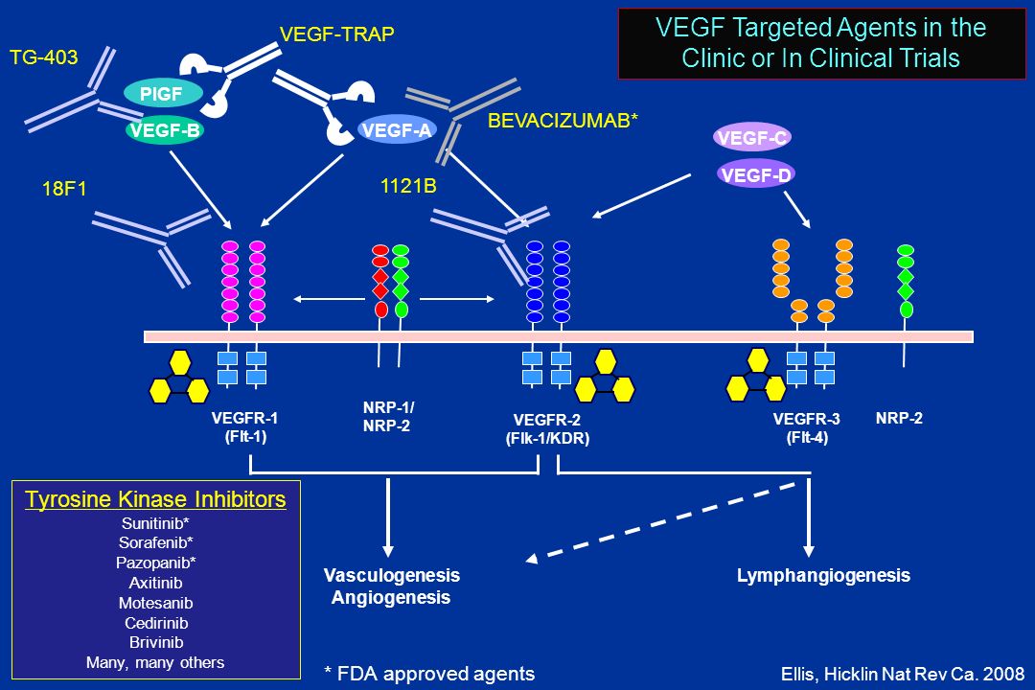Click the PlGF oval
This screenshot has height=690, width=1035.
[x=162, y=94]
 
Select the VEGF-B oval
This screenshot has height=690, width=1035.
[x=165, y=130]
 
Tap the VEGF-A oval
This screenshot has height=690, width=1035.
[x=397, y=130]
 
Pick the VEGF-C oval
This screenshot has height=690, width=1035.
[x=752, y=137]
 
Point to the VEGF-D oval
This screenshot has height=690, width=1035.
[x=756, y=174]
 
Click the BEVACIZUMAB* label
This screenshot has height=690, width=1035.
[x=563, y=120]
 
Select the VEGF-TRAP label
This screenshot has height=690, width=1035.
[x=336, y=34]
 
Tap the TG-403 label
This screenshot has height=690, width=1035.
[x=43, y=57]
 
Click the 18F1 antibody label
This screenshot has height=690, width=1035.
[x=64, y=189]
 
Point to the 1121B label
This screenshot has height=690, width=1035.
[x=408, y=186]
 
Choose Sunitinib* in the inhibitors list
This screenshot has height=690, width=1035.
[x=156, y=523]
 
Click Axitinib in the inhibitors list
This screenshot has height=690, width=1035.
[x=156, y=583]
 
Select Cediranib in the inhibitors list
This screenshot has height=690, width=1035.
[x=156, y=623]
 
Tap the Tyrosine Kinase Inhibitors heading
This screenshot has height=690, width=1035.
[x=156, y=499]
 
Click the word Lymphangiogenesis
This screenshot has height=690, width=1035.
[x=823, y=575]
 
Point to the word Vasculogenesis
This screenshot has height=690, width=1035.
[x=391, y=575]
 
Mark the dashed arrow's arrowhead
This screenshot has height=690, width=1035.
[x=532, y=559]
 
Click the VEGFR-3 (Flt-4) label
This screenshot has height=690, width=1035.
[x=807, y=427]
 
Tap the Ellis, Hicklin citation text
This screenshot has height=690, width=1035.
[x=903, y=674]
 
